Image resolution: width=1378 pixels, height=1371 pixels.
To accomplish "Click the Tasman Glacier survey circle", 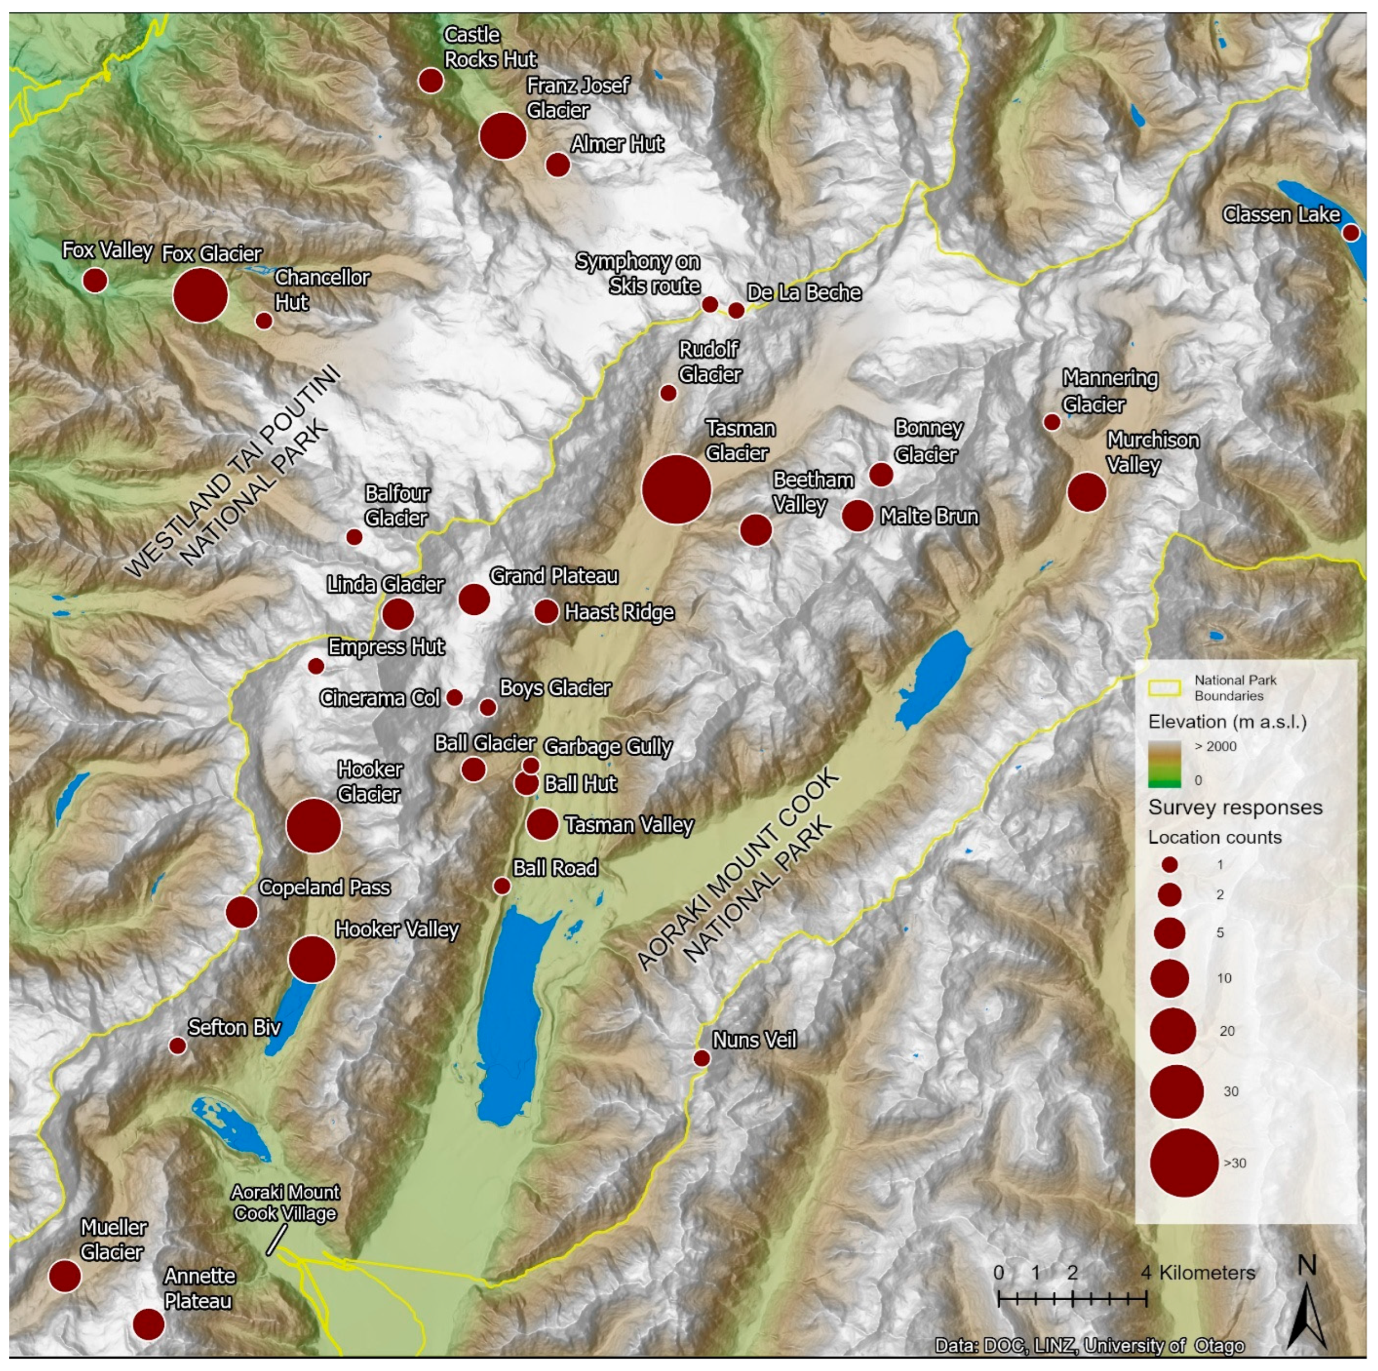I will (x=675, y=489).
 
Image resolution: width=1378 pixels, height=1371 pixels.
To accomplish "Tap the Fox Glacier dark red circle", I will (x=201, y=295).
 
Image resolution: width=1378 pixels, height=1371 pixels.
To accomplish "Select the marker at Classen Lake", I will (x=1350, y=233).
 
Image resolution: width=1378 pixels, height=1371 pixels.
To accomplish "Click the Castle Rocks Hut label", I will (x=489, y=47).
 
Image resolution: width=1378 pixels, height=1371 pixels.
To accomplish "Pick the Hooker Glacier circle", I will (x=313, y=825).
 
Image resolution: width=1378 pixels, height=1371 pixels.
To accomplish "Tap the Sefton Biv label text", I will (x=234, y=1027).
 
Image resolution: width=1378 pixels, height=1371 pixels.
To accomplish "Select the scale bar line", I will (x=1071, y=1298).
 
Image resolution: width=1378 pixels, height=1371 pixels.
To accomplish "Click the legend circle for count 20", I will (x=1173, y=1031).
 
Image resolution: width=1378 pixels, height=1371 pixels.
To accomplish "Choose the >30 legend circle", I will (x=1184, y=1163).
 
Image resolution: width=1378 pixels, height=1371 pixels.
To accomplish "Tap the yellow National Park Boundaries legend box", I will (x=1164, y=688).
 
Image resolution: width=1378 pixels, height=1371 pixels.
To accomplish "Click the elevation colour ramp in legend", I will (x=1164, y=763).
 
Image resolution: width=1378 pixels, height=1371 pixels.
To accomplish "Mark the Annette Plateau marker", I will (x=148, y=1324).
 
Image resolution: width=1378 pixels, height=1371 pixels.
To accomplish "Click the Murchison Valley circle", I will (x=1086, y=492).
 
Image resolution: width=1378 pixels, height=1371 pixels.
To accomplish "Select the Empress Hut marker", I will (x=316, y=666).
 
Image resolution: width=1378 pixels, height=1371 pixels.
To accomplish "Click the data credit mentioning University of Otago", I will (x=1089, y=1345).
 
